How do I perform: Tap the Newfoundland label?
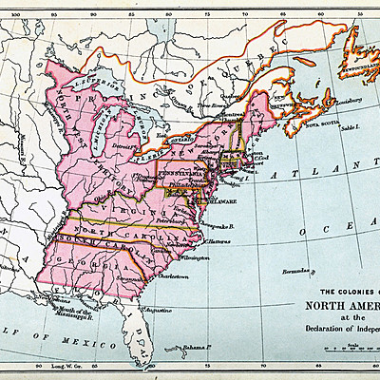pos(360,68)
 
